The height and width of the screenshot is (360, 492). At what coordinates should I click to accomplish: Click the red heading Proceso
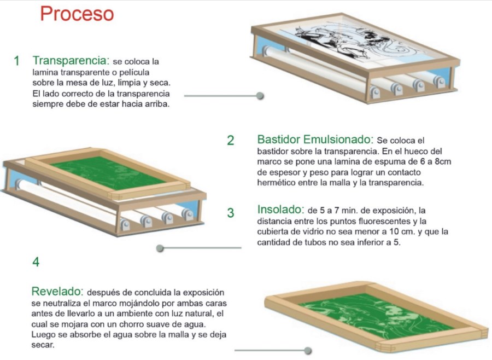77,14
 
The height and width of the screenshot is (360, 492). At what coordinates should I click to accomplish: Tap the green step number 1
16,61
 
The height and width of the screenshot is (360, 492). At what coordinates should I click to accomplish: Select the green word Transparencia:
71,60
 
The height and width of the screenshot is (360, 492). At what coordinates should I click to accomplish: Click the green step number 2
231,141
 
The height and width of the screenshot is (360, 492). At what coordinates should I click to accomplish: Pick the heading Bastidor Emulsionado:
315,139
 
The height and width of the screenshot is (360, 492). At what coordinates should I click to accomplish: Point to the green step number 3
231,213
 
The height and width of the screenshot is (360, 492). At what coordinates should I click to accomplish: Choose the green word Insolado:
281,209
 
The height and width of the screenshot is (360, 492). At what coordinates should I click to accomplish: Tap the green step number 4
36,262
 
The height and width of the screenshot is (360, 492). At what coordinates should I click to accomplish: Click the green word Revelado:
57,292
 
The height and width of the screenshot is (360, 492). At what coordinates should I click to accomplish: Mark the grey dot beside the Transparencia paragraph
260,96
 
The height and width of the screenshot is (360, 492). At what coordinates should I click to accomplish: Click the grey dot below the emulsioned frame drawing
160,248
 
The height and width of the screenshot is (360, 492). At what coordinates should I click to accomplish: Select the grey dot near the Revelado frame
308,350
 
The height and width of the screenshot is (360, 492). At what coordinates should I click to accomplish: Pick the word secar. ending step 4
43,345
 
